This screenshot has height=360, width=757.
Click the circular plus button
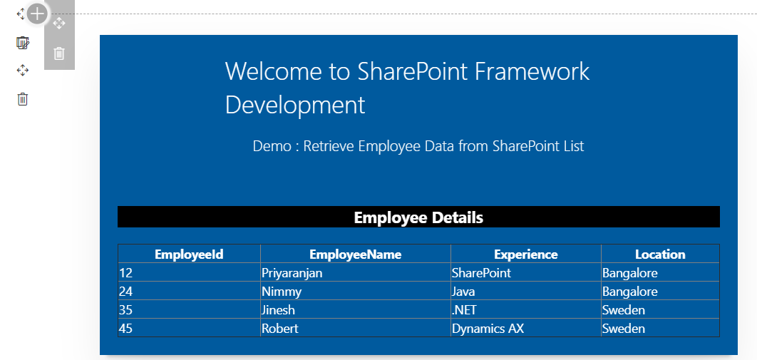pos(37,14)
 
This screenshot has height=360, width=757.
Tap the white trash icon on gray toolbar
pos(59,53)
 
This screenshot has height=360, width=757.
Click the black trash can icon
pos(23,99)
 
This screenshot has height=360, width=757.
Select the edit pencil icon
pos(23,43)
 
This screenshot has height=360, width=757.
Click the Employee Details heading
pos(418,217)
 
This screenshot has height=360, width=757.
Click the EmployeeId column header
pos(189,254)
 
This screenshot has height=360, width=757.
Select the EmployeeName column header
pos(355,254)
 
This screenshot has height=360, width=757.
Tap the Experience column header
pos(526,254)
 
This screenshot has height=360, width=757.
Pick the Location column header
pos(660,254)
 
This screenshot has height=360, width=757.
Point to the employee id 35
pos(125,310)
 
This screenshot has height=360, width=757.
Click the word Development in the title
pos(295,104)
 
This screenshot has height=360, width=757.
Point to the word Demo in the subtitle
pos(272,145)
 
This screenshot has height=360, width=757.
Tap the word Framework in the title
pos(532,71)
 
